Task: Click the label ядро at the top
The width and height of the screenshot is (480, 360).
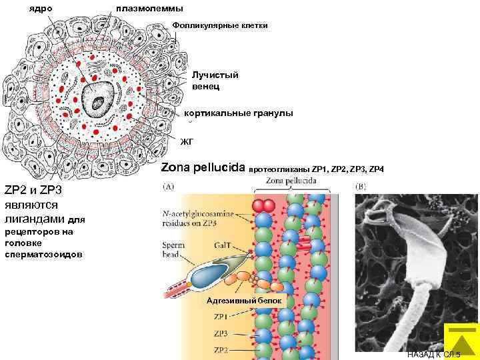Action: [x=41, y=8]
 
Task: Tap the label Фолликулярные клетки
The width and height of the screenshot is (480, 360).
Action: [x=220, y=25]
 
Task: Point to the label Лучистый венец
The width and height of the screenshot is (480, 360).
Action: [x=215, y=81]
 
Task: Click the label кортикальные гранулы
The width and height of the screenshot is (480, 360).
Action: [x=238, y=113]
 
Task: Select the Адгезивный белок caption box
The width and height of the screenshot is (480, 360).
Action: [x=246, y=301]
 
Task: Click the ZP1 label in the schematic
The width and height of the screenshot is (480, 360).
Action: [x=221, y=317]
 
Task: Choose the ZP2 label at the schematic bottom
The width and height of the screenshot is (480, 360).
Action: [x=221, y=350]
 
